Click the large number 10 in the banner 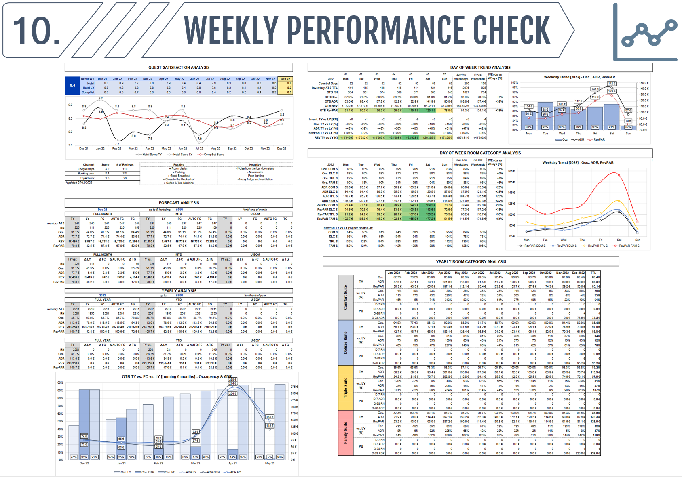(x=36, y=31)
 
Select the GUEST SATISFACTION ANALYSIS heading (x=179, y=67)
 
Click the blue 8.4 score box (x=72, y=86)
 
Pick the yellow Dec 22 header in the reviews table (x=285, y=79)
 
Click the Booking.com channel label (x=86, y=174)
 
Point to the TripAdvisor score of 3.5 (x=107, y=178)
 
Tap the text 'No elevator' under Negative (x=256, y=172)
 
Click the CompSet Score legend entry (x=213, y=155)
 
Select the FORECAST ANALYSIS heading (x=179, y=203)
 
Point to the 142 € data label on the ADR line (x=612, y=84)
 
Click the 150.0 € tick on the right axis (x=644, y=83)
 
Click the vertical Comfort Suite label (x=346, y=298)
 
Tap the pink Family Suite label (x=346, y=433)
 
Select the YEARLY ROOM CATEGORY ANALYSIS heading (x=471, y=262)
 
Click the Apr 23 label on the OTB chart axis (x=232, y=463)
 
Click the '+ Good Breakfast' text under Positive (x=179, y=176)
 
